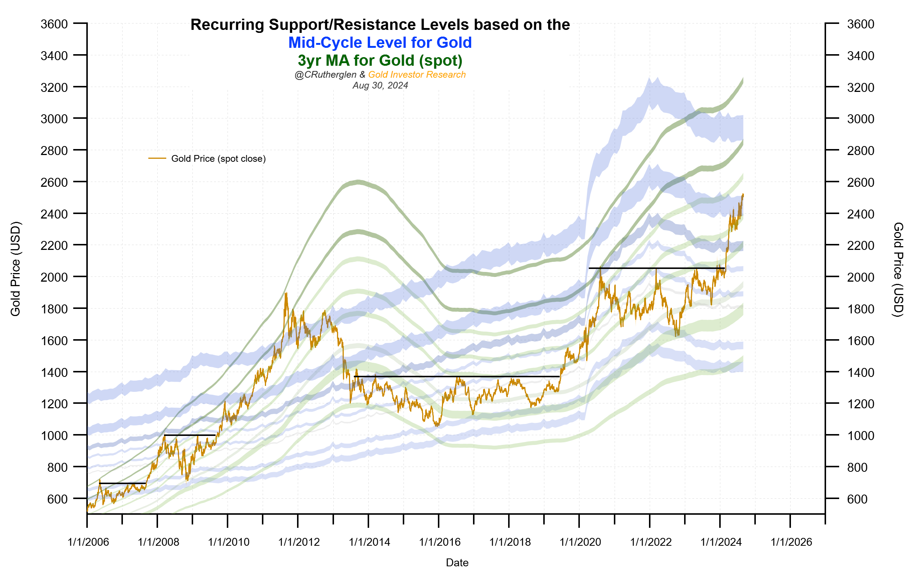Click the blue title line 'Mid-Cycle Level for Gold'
(x=380, y=43)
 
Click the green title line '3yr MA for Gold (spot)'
(x=380, y=61)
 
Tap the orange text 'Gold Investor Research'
(x=417, y=75)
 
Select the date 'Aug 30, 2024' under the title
(x=380, y=86)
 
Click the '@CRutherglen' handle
(x=325, y=75)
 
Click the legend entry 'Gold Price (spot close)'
(x=218, y=159)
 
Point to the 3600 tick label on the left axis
(x=54, y=24)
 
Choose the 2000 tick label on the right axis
(x=860, y=277)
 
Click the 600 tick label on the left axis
(x=57, y=499)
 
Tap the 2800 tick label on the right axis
(x=860, y=151)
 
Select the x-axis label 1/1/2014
(x=369, y=542)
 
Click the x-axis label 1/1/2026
(x=792, y=542)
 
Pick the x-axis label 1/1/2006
(x=88, y=542)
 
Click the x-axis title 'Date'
(x=457, y=563)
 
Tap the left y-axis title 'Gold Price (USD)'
(x=15, y=269)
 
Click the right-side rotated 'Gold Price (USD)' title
(x=898, y=270)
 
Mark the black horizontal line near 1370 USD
(x=457, y=377)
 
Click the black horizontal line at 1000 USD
(x=189, y=435)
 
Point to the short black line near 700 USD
(x=122, y=483)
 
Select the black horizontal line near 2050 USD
(x=656, y=268)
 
